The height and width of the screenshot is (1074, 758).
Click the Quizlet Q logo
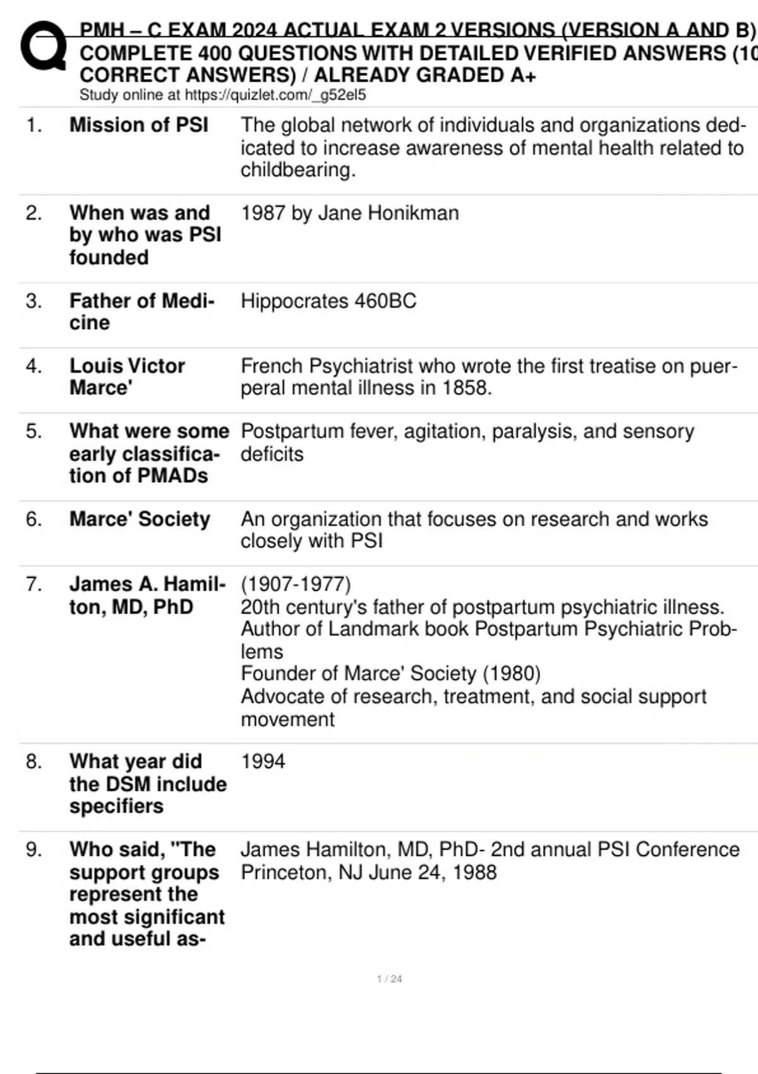point(43,45)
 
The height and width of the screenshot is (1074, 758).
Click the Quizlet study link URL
point(275,95)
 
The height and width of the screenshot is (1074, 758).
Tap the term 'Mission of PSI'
point(138,125)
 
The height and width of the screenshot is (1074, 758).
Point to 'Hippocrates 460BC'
point(328,301)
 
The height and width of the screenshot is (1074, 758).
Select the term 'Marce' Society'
point(140,519)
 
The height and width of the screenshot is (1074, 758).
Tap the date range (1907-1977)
point(296,584)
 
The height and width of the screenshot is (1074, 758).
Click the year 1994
point(263,761)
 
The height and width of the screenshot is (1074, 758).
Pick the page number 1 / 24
point(389,979)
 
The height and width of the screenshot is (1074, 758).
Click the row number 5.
point(33,431)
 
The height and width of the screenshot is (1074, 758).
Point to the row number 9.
point(33,850)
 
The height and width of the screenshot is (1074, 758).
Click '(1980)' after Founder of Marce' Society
point(512,673)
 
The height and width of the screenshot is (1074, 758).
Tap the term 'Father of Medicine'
point(141,311)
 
